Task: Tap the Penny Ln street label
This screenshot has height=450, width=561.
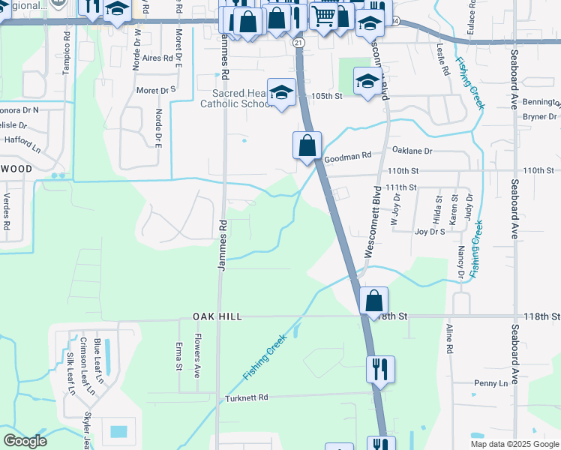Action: (490, 383)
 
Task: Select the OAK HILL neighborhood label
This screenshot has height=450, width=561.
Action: (217, 317)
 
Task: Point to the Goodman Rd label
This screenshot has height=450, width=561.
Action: (347, 156)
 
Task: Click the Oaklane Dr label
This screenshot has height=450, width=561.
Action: (412, 151)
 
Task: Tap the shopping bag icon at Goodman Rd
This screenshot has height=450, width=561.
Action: (307, 145)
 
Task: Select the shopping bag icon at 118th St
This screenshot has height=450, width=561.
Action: (373, 301)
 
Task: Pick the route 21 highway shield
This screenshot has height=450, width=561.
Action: (299, 43)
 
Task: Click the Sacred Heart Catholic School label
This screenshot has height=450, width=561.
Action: (235, 99)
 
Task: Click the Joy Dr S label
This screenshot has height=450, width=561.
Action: (430, 232)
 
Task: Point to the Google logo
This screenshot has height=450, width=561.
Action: (25, 441)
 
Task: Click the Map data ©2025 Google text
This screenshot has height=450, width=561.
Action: (514, 444)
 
